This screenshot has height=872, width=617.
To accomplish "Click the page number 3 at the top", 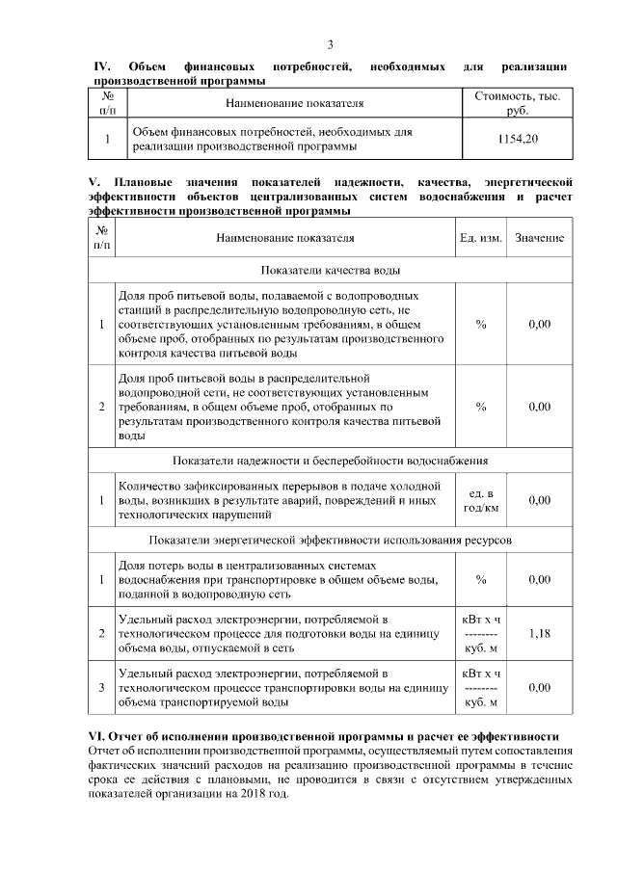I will pyautogui.click(x=331, y=44).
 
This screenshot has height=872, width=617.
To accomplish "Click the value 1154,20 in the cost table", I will pyautogui.click(x=518, y=140).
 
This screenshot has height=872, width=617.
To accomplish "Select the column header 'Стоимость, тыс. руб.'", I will pyautogui.click(x=518, y=103).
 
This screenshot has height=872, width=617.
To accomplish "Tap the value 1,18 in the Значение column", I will pyautogui.click(x=540, y=633).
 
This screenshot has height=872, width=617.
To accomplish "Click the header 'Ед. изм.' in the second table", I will pyautogui.click(x=480, y=237).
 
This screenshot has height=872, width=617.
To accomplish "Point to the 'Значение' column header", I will pyautogui.click(x=540, y=237).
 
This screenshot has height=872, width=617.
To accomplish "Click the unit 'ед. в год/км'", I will pyautogui.click(x=480, y=500).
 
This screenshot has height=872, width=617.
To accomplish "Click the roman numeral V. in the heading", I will pyautogui.click(x=94, y=182).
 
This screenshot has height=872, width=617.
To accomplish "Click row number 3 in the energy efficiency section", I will pyautogui.click(x=101, y=687).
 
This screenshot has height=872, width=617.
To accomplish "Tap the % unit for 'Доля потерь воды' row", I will pyautogui.click(x=480, y=579).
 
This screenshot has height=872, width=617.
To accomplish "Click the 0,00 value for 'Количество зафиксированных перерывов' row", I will pyautogui.click(x=540, y=500).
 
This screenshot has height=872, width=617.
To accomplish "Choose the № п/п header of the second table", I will pyautogui.click(x=101, y=237).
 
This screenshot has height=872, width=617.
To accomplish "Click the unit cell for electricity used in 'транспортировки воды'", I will pyautogui.click(x=480, y=687).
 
